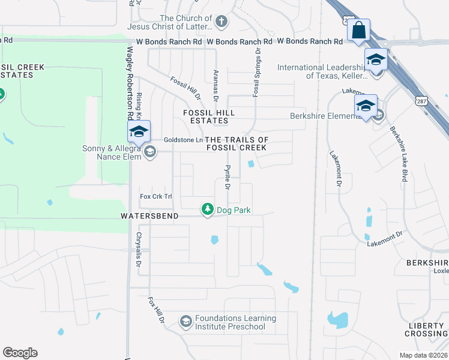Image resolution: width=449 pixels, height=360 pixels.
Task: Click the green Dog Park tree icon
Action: [x=208, y=209]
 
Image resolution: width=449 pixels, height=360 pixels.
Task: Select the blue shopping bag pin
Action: [x=358, y=29]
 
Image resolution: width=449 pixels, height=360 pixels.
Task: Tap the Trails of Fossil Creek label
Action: [x=237, y=143]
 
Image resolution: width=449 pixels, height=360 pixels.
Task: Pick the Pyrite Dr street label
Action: [x=228, y=178]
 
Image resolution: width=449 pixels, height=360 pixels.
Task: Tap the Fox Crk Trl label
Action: [x=155, y=196]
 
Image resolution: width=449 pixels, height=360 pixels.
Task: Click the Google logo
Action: [x=20, y=353]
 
